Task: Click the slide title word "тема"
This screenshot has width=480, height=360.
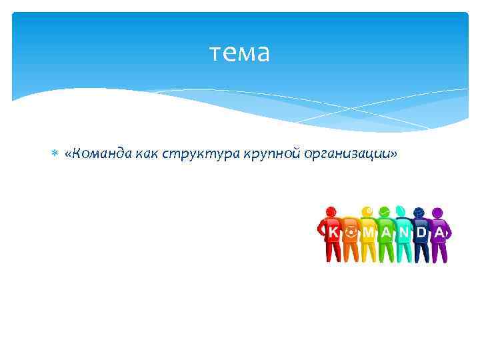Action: pos(239,53)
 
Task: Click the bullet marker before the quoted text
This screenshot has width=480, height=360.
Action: pos(55,155)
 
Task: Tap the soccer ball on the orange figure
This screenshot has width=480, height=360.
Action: pos(351,232)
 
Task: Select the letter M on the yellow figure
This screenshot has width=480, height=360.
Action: pos(368,232)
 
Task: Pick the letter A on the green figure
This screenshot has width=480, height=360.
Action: pos(386,232)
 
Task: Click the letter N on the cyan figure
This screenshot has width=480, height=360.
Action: pos(404,232)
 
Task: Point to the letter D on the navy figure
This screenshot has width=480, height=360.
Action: pos(421,232)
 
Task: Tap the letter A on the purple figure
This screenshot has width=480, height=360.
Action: pos(439,232)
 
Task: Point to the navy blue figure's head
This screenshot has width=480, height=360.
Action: pos(419,212)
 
